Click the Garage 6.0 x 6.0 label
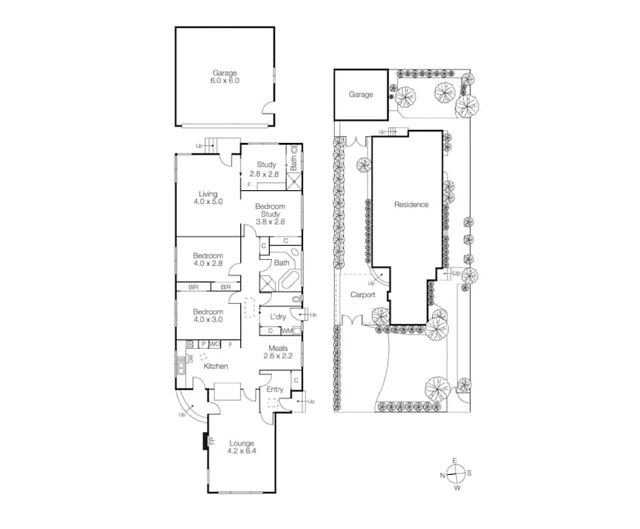pyautogui.click(x=224, y=77)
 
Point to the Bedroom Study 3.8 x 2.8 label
pyautogui.click(x=271, y=214)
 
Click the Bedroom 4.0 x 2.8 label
pyautogui.click(x=208, y=260)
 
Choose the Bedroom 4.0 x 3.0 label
pyautogui.click(x=208, y=316)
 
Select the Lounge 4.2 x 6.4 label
pyautogui.click(x=241, y=447)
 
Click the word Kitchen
pyautogui.click(x=216, y=366)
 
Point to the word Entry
pyautogui.click(x=274, y=389)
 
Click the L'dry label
pyautogui.click(x=278, y=317)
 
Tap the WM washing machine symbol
pyautogui.click(x=287, y=331)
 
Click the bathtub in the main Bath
pyautogui.click(x=288, y=280)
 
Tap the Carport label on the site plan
pyautogui.click(x=363, y=295)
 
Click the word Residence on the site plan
pyautogui.click(x=410, y=204)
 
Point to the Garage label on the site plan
pyautogui.click(x=360, y=94)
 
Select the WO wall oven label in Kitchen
pyautogui.click(x=214, y=343)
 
